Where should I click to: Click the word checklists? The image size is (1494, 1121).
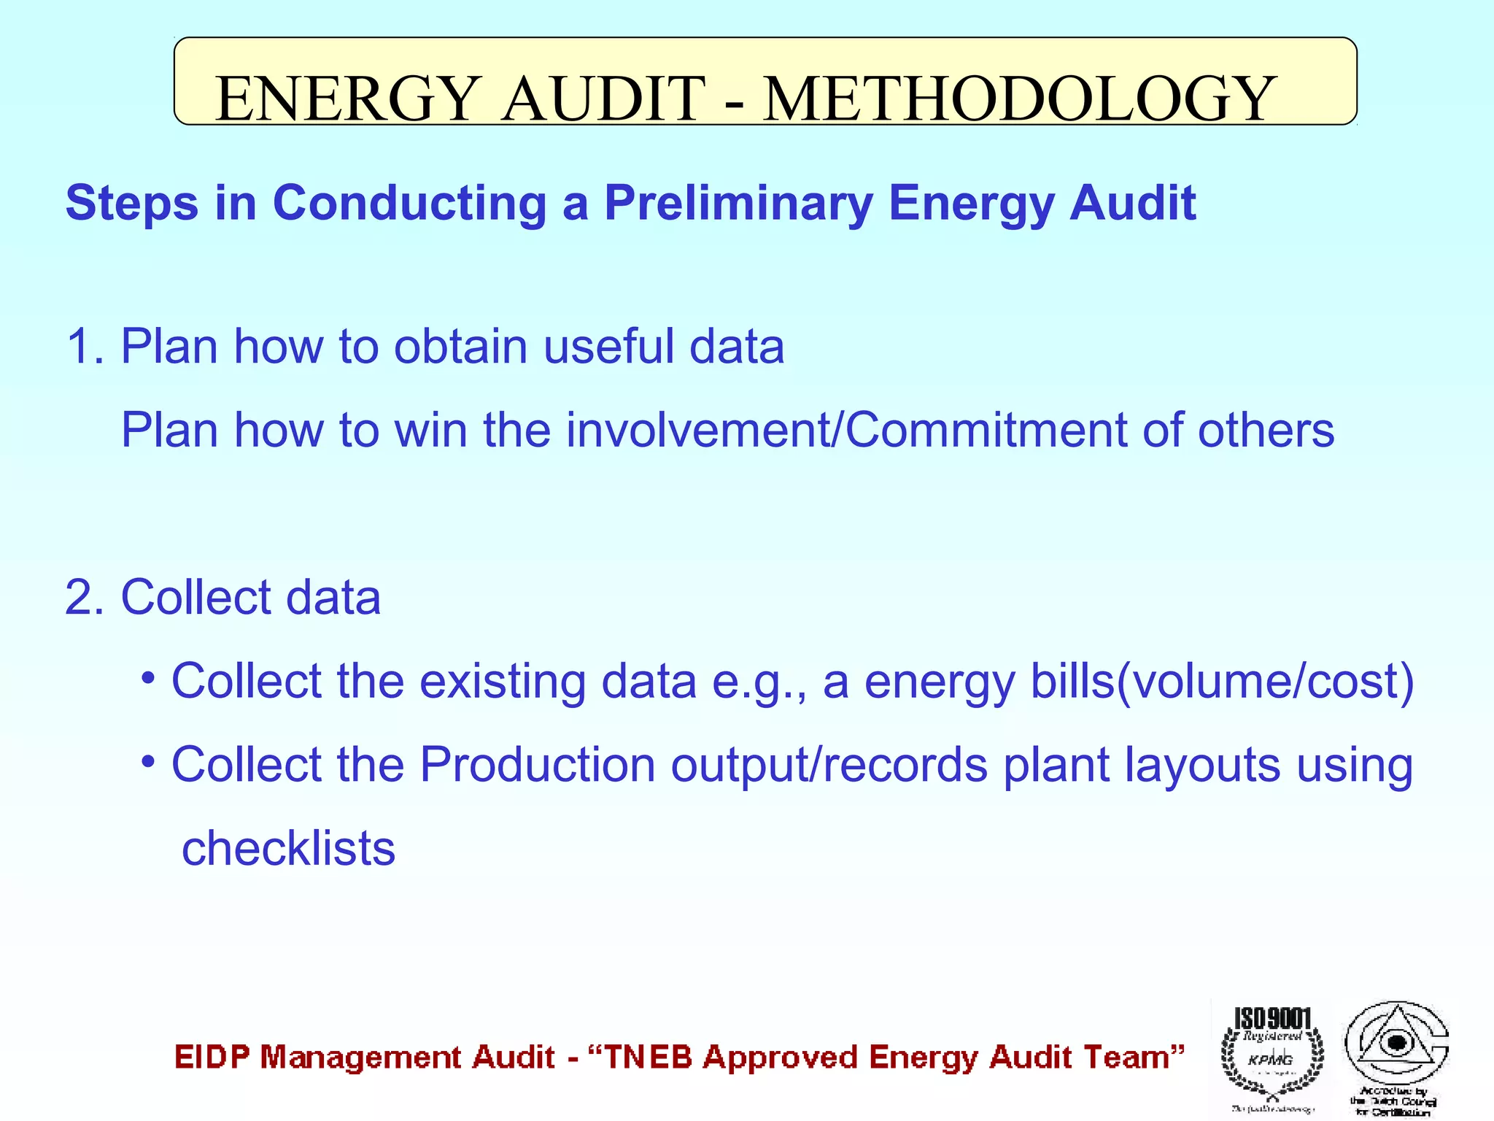coord(288,848)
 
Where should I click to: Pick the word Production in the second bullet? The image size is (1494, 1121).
coord(538,765)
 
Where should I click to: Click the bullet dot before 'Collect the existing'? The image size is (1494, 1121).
coord(149,679)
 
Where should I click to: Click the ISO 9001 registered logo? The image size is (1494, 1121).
coord(1272,1055)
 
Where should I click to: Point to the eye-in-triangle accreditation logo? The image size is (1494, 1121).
coord(1396,1044)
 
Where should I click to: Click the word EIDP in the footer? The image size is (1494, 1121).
coord(212,1057)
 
